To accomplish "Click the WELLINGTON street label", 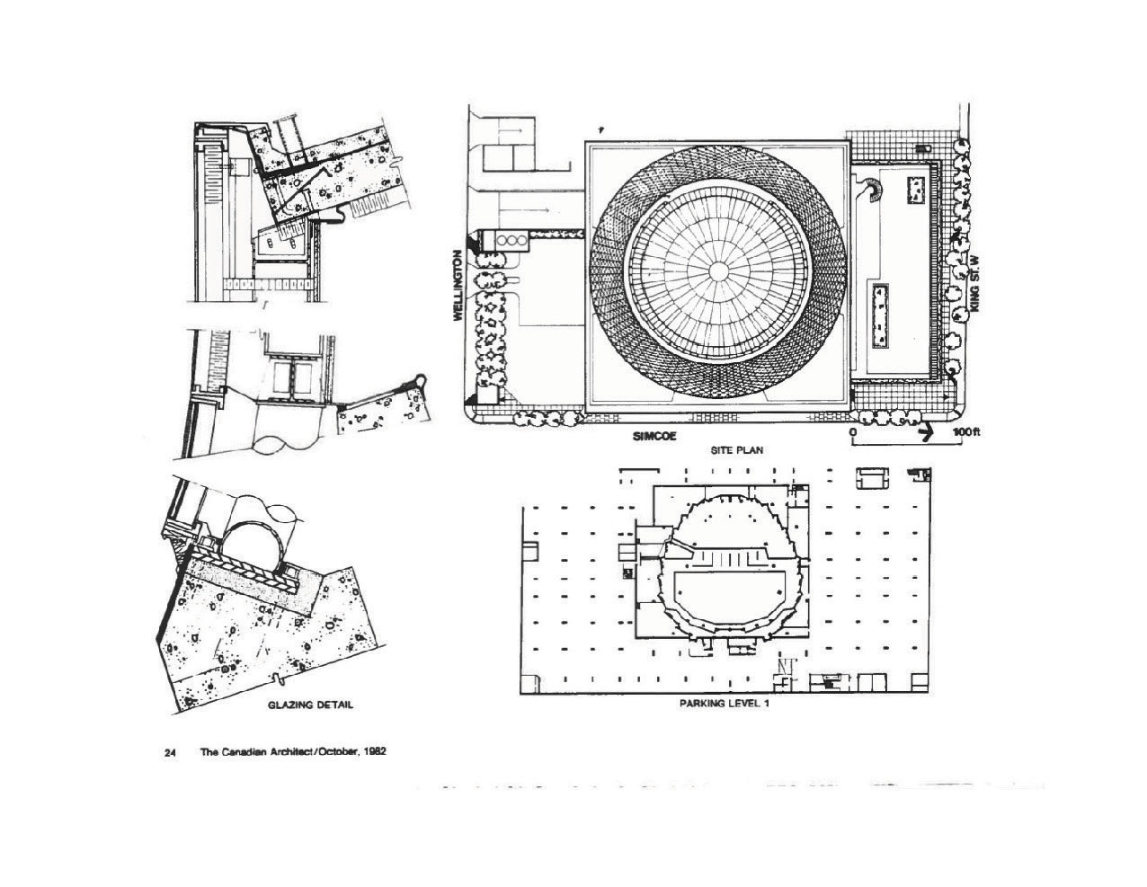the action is click(x=458, y=285).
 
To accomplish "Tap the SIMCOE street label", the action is click(x=654, y=437).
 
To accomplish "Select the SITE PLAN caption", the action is click(x=737, y=450).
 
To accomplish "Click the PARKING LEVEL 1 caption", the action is click(x=724, y=704).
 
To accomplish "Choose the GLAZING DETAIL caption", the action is click(x=310, y=705).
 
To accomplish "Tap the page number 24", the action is click(x=169, y=753).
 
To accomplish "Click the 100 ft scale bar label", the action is click(x=967, y=432).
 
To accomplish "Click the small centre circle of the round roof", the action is click(x=717, y=271).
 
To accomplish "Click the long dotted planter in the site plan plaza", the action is click(x=880, y=316).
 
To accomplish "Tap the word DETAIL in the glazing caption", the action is click(x=334, y=705).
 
